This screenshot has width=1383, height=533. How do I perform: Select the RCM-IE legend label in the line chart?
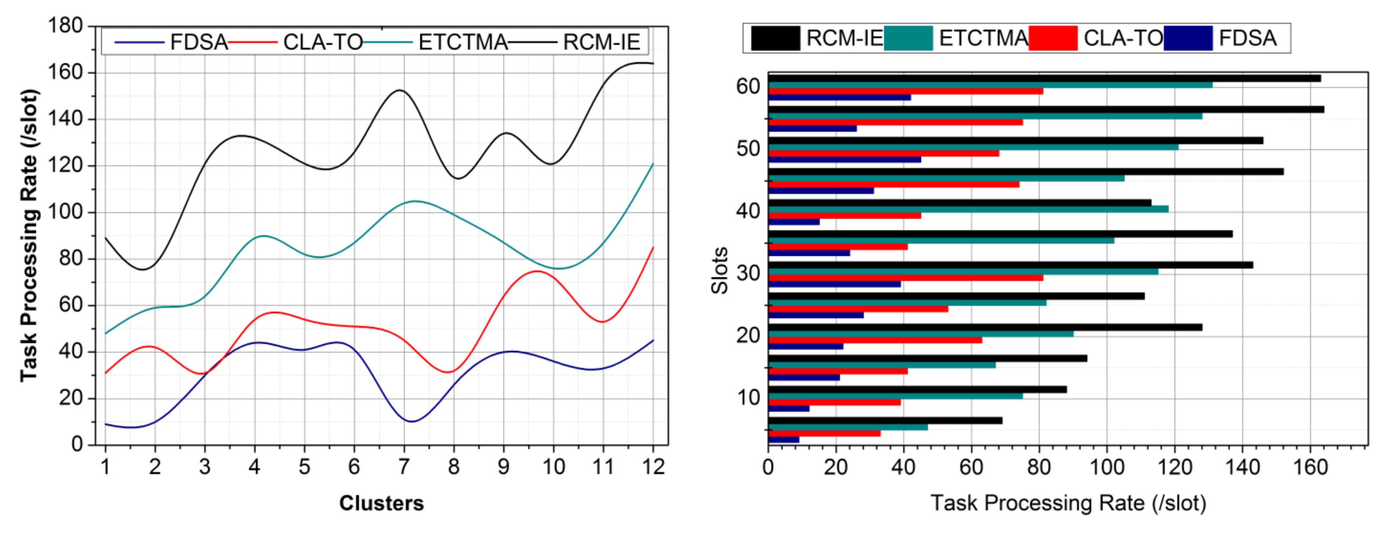click(601, 42)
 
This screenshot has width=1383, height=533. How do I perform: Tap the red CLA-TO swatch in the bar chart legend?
click(1052, 38)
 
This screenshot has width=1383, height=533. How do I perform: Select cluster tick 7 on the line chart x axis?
click(404, 466)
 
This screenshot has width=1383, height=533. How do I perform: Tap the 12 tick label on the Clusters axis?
click(653, 466)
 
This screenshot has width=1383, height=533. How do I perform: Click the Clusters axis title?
click(381, 503)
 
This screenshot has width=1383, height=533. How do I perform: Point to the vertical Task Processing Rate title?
click(29, 235)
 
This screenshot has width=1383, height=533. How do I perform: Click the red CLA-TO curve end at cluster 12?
click(652, 248)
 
